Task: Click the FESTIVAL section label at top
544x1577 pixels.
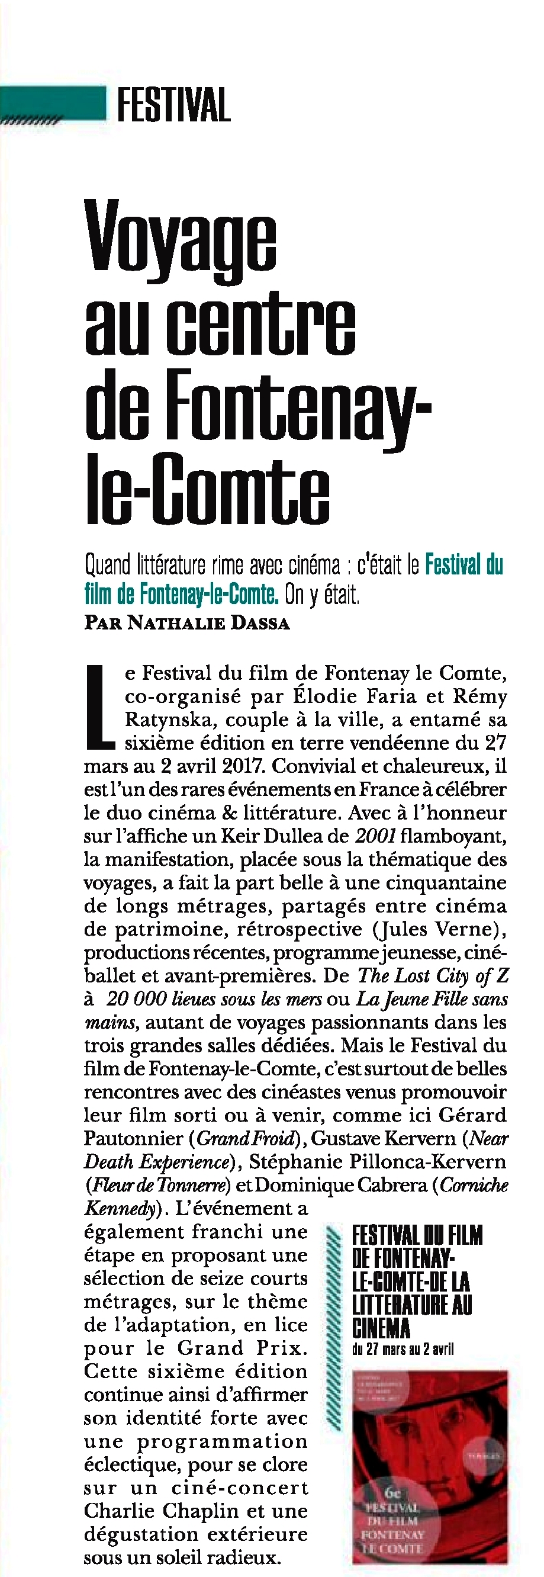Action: pyautogui.click(x=173, y=105)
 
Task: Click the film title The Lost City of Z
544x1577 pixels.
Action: pyautogui.click(x=433, y=975)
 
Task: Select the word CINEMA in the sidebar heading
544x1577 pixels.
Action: pyautogui.click(x=381, y=1328)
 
